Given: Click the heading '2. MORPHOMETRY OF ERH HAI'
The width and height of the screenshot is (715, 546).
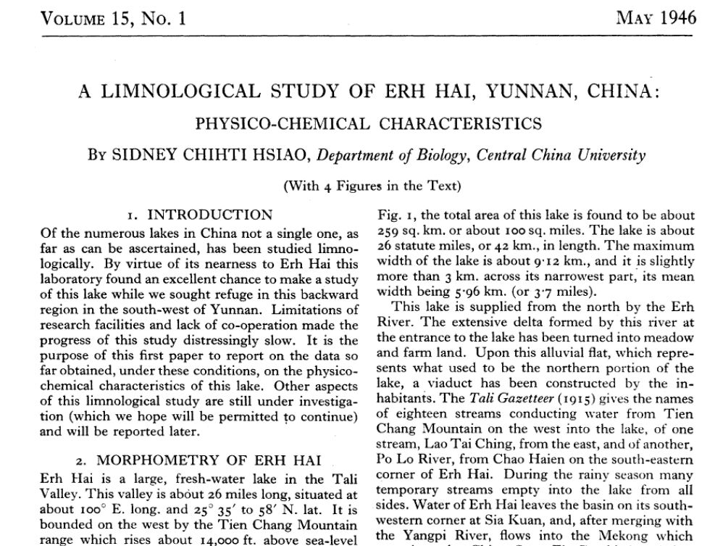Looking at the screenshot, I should [199, 460].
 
